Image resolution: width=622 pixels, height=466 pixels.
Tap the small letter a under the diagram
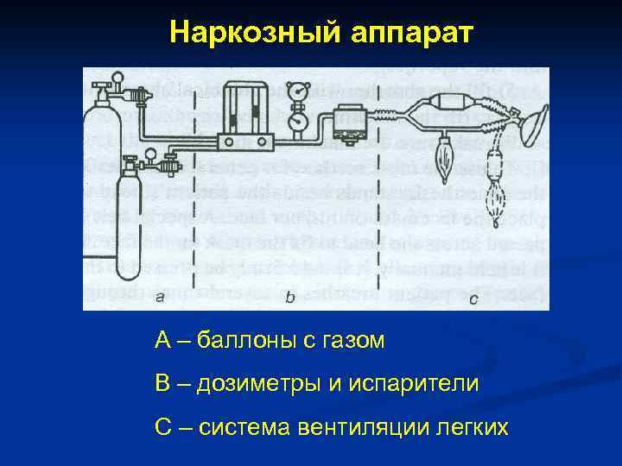pos(160,298)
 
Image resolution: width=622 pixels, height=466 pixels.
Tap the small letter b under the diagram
pos(290,298)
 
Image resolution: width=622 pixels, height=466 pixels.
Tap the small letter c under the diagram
pos(473,299)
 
